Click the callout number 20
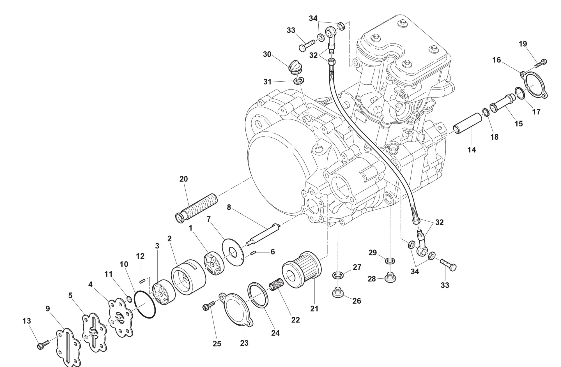coord(183,179)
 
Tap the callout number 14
coord(472,150)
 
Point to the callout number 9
coord(48,309)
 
